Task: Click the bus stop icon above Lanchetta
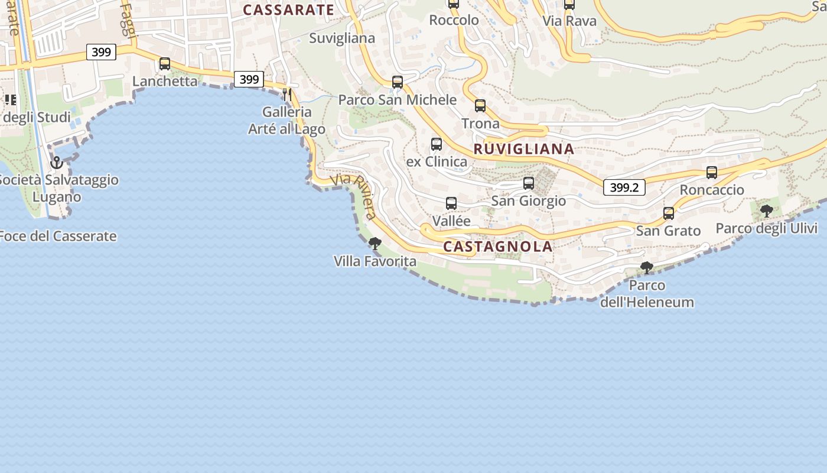(x=165, y=64)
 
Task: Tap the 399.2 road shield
(x=624, y=188)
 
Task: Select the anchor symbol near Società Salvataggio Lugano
(x=57, y=162)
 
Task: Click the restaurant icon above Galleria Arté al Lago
(x=287, y=94)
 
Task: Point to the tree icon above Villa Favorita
(x=375, y=243)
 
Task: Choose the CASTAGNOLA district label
(x=498, y=247)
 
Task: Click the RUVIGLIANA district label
(x=523, y=149)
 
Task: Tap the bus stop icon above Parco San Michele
(x=398, y=82)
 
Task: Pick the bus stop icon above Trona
(x=480, y=106)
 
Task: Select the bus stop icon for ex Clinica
(x=437, y=144)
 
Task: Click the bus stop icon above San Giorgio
(x=529, y=183)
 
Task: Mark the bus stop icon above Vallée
(x=451, y=203)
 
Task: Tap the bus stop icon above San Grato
(x=669, y=213)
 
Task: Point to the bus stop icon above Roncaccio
(x=712, y=173)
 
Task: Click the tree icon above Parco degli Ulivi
(x=767, y=211)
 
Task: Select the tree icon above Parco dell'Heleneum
(x=647, y=268)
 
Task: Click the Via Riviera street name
(x=354, y=196)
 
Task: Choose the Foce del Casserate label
(x=58, y=237)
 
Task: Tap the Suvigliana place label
(x=342, y=38)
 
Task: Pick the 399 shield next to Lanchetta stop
(x=249, y=79)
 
